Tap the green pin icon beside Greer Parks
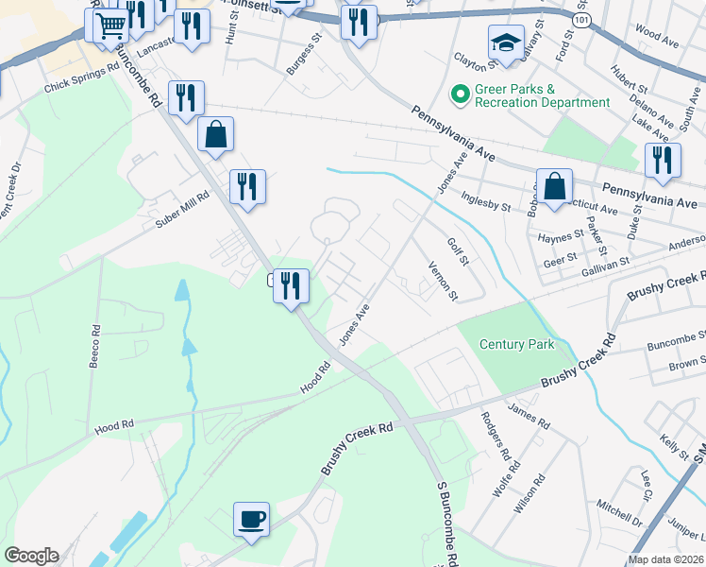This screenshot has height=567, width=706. point(461,94)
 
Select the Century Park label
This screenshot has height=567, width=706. point(516,344)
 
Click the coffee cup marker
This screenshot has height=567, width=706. point(252,519)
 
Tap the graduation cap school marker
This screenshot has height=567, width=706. point(506,43)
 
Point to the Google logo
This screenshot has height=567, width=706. point(31,556)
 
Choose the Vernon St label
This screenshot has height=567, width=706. point(443,282)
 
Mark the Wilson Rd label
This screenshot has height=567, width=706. point(531,491)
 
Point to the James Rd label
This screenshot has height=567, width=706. point(529,415)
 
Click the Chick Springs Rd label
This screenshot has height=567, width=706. point(82,78)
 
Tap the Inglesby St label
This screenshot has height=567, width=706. point(485,200)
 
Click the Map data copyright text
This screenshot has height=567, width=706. point(665,558)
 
